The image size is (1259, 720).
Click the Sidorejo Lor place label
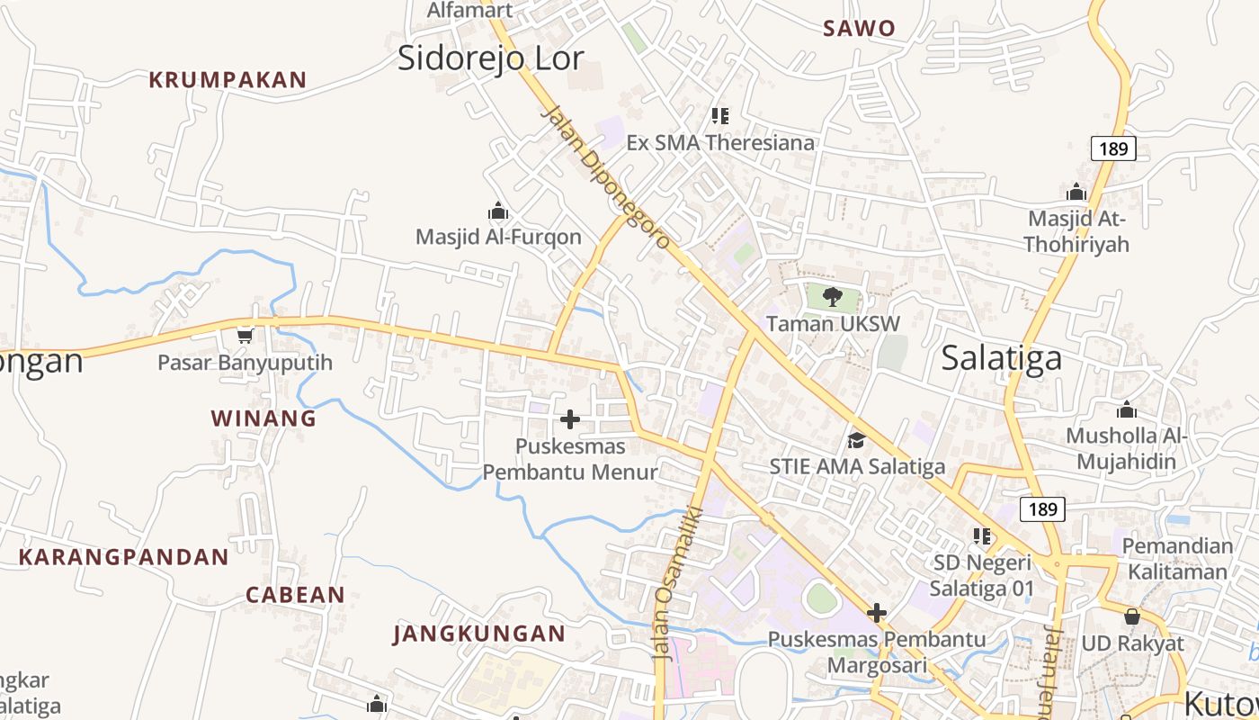point(491,58)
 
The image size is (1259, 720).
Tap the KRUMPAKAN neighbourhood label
point(228,80)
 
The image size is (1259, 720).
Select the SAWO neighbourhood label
point(860,29)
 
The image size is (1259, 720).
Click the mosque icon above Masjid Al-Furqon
point(498,211)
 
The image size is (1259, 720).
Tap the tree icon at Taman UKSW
point(833,297)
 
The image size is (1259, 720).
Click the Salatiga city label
point(1001,358)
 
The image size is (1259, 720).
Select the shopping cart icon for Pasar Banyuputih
point(245,336)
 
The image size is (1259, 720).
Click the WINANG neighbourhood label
point(263,418)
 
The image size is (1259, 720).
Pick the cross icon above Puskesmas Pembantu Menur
point(570,419)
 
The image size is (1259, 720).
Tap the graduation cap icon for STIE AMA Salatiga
point(856,440)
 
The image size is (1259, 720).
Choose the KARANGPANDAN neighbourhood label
point(124,557)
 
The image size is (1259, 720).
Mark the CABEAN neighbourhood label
point(295,595)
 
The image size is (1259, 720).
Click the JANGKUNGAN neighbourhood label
point(479,634)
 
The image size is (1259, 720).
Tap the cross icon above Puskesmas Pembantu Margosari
point(877,614)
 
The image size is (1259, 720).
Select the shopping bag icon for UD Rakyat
point(1132,617)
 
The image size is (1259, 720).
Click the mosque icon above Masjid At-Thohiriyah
point(1076,192)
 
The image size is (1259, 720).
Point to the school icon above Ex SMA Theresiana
point(719,115)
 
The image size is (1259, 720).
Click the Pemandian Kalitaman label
point(1177,559)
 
